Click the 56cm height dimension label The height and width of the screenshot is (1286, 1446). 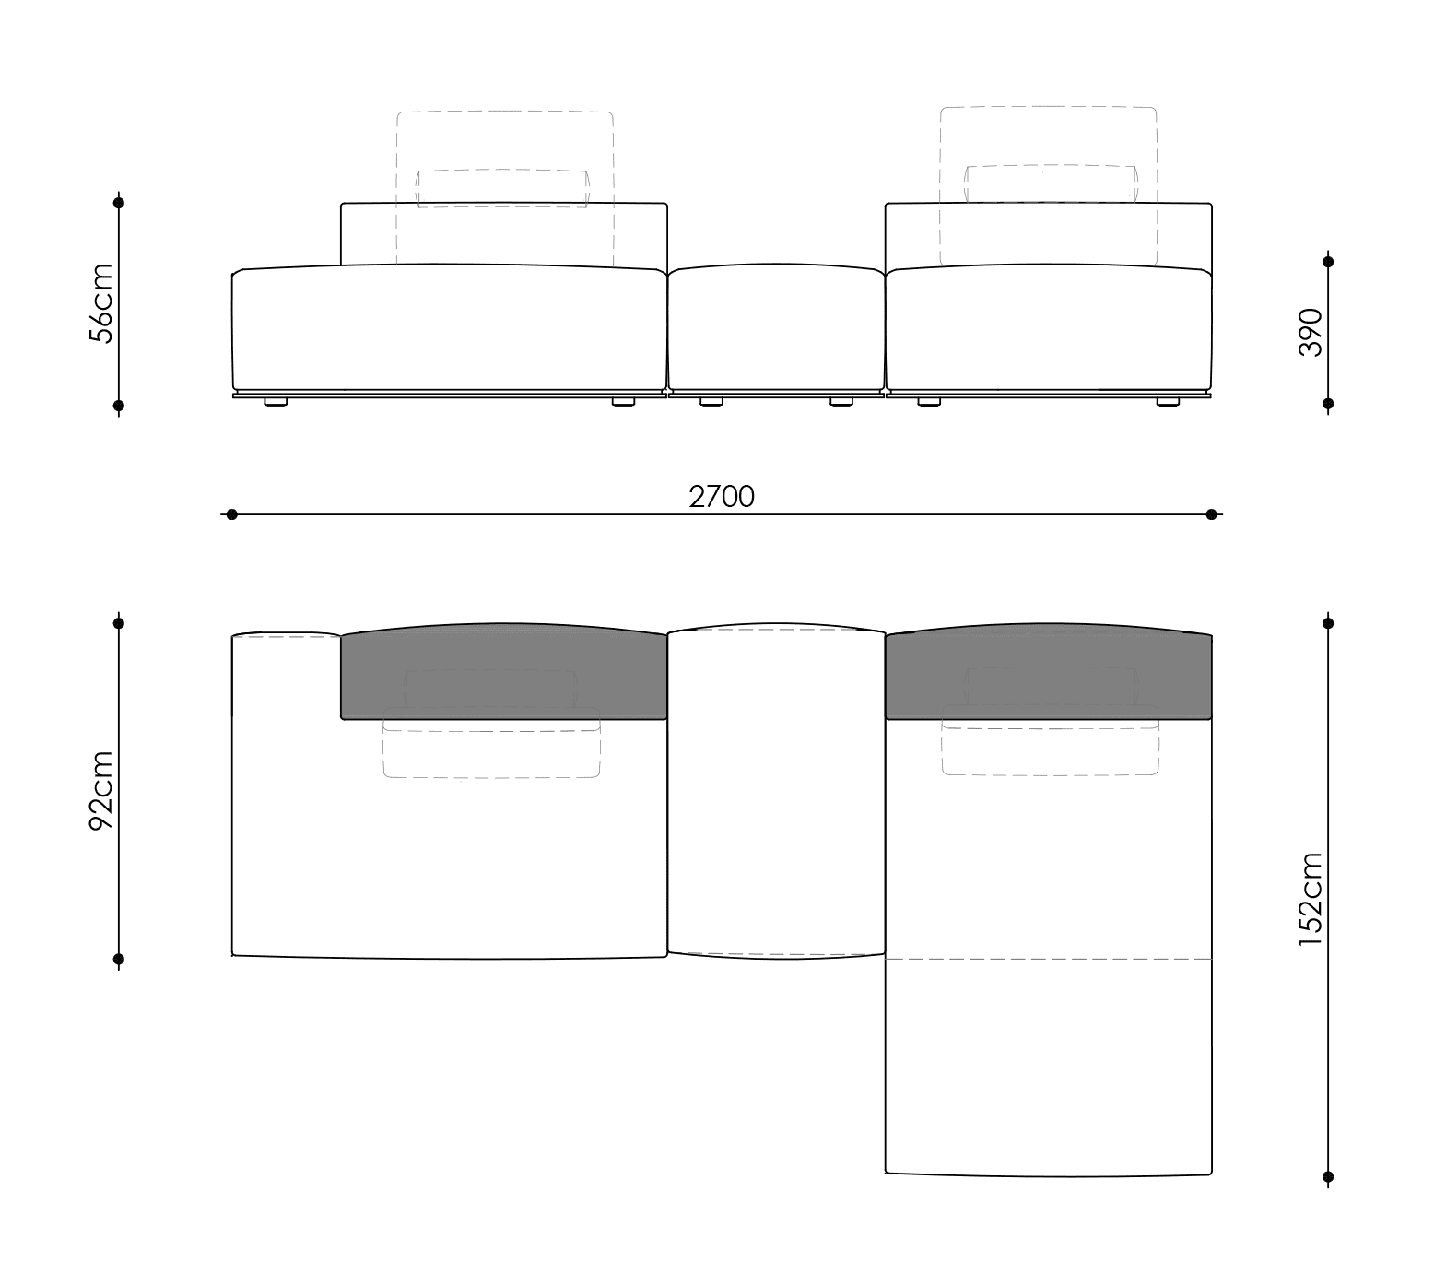point(100,303)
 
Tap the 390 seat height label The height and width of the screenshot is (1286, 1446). point(1310,332)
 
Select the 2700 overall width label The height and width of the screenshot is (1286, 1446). point(722,497)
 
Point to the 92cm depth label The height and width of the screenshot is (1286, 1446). point(100,790)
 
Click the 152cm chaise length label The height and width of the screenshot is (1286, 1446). point(1310,899)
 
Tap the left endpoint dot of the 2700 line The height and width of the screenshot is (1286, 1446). point(231,514)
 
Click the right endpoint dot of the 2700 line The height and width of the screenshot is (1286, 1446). point(1212,514)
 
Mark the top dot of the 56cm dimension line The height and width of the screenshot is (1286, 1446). point(119,202)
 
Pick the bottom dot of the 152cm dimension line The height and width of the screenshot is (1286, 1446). point(1328,1176)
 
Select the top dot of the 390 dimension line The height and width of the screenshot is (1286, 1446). point(1328,262)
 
